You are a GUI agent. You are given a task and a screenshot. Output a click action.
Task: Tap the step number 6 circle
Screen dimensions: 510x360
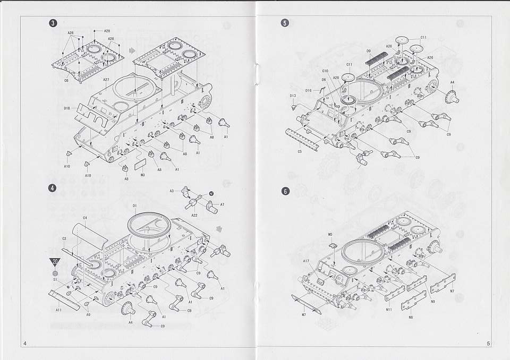285,191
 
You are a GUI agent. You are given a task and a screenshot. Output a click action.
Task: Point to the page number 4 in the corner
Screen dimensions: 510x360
24,343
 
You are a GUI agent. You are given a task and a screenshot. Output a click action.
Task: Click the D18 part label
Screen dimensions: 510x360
67,108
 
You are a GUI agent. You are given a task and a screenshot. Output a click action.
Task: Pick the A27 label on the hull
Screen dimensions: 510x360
106,80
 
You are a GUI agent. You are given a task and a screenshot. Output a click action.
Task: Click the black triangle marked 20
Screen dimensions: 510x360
55,261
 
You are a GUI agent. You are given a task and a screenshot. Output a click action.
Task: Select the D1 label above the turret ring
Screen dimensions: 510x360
135,205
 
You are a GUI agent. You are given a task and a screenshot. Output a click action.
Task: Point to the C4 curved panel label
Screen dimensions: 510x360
85,218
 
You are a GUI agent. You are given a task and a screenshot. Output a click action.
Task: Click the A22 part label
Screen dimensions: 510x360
194,215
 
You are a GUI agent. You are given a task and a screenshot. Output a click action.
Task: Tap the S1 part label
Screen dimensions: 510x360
55,279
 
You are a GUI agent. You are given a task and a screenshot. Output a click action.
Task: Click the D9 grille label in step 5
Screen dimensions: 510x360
368,51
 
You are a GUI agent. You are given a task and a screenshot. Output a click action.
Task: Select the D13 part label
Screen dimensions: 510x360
293,96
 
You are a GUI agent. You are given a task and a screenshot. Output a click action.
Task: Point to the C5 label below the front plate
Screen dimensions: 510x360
300,151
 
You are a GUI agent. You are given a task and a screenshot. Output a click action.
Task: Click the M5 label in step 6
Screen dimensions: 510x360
330,234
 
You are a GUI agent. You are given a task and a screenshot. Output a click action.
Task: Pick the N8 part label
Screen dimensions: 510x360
411,317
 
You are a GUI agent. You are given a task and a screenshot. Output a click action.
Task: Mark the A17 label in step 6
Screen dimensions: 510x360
307,261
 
